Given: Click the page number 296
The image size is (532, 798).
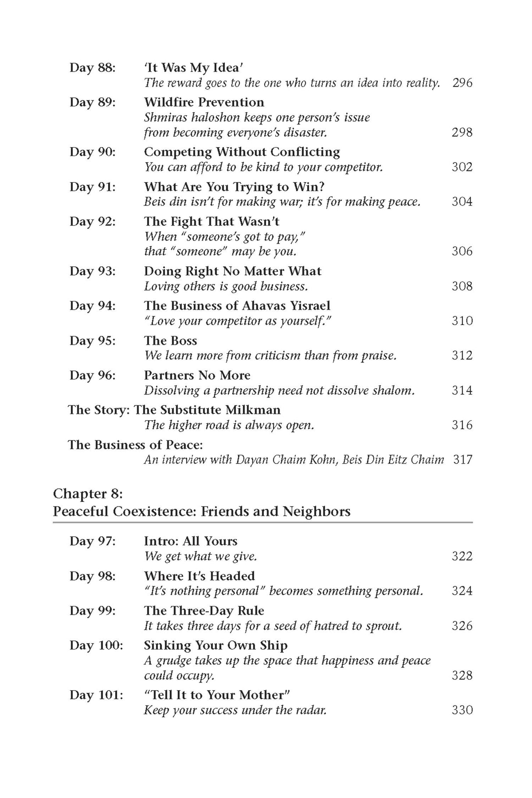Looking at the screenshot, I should click(462, 83).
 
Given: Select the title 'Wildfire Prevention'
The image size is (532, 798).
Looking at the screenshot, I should click(204, 103).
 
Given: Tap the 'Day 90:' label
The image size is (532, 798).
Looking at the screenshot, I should click(92, 152).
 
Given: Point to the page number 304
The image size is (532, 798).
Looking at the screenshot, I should click(462, 202).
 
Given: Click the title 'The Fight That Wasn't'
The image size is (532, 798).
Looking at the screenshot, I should click(211, 222).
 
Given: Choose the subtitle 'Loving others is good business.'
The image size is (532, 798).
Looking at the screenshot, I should click(226, 286).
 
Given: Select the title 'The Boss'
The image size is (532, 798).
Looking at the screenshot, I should click(170, 340).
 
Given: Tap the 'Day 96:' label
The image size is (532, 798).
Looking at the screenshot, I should click(92, 376).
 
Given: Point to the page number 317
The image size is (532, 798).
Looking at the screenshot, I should click(462, 460).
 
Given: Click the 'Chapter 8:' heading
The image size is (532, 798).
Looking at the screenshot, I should click(88, 494).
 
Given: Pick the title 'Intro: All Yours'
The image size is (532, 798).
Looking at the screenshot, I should click(191, 541).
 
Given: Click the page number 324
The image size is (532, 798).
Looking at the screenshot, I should click(462, 591).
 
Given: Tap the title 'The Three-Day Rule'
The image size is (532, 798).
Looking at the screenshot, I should click(204, 611).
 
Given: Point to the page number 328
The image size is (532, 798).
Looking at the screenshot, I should click(462, 675).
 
